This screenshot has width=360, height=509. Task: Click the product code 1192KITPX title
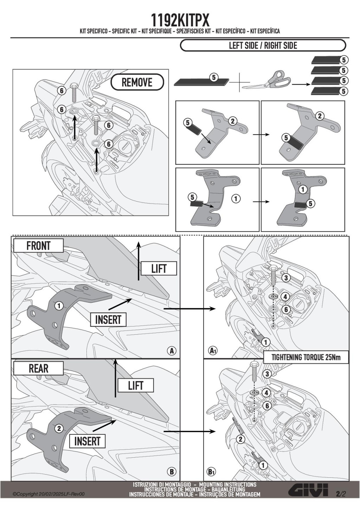click(180, 20)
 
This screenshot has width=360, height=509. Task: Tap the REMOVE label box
click(137, 83)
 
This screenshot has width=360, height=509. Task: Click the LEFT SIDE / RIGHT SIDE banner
click(263, 46)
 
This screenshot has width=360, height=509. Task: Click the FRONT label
click(38, 246)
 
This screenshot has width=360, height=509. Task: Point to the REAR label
click(38, 368)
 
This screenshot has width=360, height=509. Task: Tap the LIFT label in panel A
click(159, 269)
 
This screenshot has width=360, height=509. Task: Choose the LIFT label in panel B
click(135, 386)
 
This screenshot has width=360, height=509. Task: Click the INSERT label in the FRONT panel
click(108, 320)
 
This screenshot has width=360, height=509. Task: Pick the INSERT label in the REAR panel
click(87, 441)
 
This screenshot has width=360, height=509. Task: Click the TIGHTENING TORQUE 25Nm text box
click(306, 357)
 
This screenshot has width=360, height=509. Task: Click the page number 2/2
click(341, 494)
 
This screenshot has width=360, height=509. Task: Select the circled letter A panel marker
click(172, 350)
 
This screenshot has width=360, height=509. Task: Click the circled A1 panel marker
click(212, 350)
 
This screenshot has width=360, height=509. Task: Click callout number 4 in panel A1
click(285, 297)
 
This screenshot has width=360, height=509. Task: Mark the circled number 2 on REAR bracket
click(59, 429)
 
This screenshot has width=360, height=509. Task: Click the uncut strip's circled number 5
click(214, 77)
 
